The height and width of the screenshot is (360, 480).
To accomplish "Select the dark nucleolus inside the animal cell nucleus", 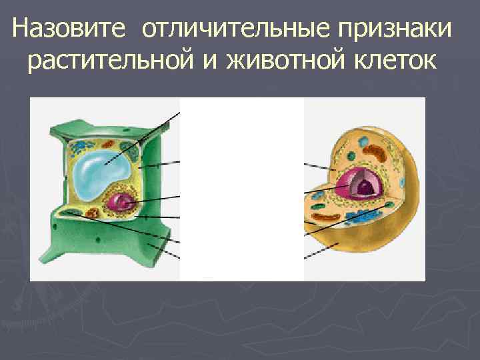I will coord(364,189).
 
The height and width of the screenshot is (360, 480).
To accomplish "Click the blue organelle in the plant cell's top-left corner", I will coord(81,144).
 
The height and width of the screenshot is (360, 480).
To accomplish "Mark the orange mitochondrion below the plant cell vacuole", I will coord(91,213).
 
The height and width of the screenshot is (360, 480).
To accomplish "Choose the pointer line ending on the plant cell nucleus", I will coord(157,199).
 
